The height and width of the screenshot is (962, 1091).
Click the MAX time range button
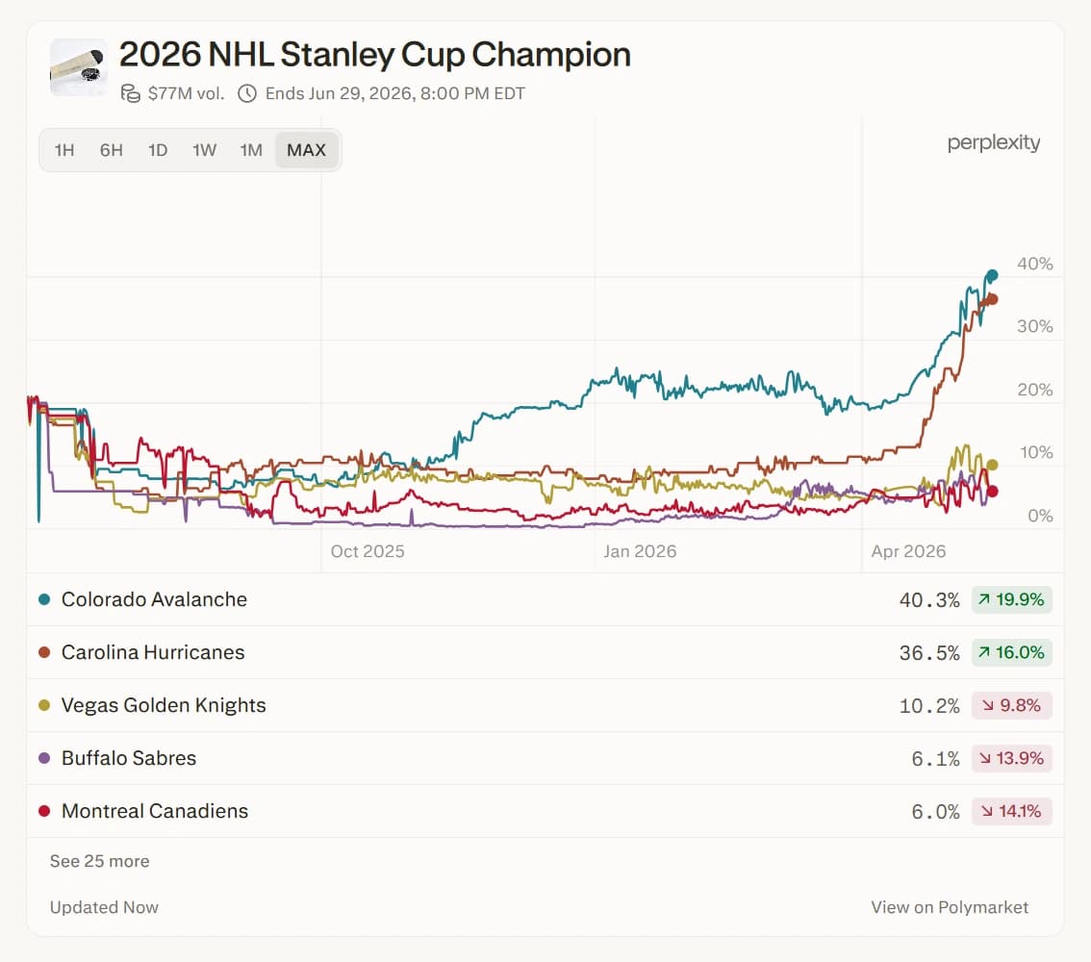(306, 149)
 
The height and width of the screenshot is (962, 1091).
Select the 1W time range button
(205, 149)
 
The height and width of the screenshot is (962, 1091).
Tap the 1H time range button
(64, 149)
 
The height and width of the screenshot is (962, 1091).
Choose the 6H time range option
(112, 149)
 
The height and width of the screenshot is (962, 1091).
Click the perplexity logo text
(994, 142)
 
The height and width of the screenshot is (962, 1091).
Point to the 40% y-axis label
(1034, 264)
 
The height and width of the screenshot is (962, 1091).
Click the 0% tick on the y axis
(1040, 516)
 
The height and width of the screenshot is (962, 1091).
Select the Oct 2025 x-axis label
(368, 551)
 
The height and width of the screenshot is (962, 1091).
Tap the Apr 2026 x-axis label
(909, 551)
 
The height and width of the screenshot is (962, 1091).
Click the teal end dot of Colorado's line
(992, 275)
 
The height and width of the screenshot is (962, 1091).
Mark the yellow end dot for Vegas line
(992, 465)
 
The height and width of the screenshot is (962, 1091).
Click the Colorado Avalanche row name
(155, 599)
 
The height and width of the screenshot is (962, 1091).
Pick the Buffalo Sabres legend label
(129, 757)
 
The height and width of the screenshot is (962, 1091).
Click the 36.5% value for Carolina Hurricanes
(928, 652)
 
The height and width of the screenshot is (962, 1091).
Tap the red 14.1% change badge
(1012, 811)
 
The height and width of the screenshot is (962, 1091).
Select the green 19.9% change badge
(1012, 599)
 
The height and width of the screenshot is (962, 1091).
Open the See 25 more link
(99, 861)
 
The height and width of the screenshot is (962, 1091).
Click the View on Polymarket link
(950, 907)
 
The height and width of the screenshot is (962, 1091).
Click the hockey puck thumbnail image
(79, 66)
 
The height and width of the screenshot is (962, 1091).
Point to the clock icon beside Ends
(247, 93)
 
